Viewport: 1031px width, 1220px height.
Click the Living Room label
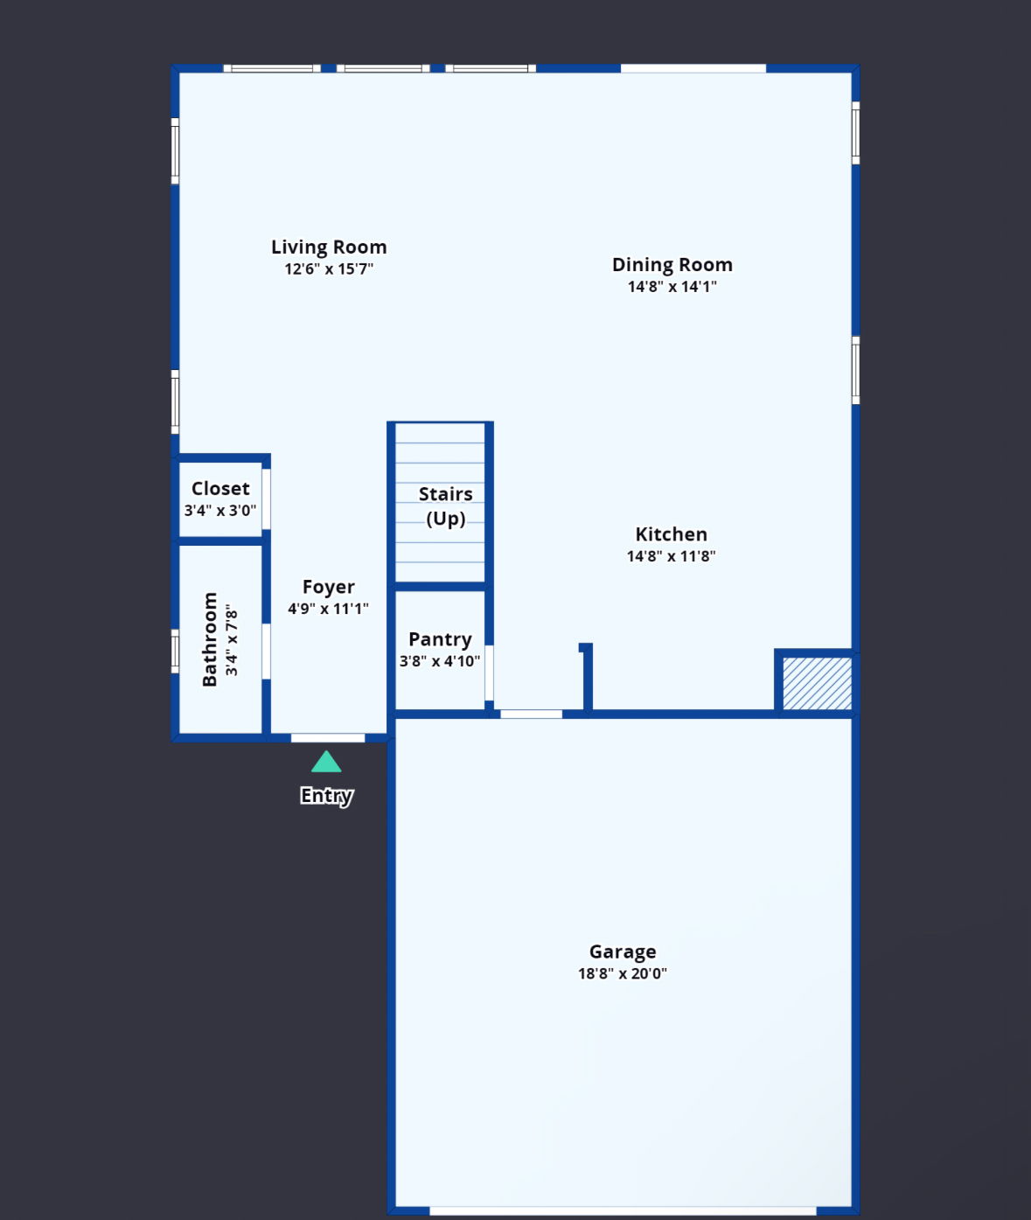click(x=329, y=247)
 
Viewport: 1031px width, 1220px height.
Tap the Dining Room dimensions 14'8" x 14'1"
click(x=672, y=287)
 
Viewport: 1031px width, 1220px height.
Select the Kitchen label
click(x=671, y=534)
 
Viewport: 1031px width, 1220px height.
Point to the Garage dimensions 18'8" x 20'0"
click(x=623, y=973)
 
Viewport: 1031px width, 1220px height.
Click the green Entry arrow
click(x=326, y=762)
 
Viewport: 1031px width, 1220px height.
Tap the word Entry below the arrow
click(x=326, y=796)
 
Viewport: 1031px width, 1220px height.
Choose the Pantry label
click(x=440, y=639)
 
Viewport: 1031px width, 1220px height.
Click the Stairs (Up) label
click(x=446, y=506)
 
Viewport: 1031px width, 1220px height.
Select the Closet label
click(x=220, y=489)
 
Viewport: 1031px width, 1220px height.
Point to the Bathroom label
click(x=210, y=639)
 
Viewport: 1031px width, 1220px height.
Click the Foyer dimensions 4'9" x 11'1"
click(x=328, y=609)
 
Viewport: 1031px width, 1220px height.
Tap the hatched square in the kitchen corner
click(x=817, y=684)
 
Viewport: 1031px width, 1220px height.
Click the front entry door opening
click(x=328, y=738)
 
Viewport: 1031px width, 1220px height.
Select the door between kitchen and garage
click(x=531, y=715)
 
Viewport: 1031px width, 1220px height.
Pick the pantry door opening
click(x=489, y=673)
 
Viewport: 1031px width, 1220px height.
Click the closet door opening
click(x=266, y=499)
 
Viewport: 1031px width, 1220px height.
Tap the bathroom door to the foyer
click(x=266, y=652)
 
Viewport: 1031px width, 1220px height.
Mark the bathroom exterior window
click(x=175, y=652)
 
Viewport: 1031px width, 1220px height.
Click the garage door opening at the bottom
click(x=623, y=1211)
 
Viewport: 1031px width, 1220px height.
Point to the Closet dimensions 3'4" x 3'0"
click(x=220, y=511)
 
